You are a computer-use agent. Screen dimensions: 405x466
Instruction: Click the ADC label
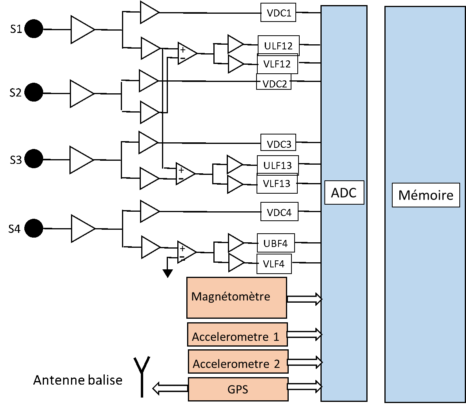pos(344,193)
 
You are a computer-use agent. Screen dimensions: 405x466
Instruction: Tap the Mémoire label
pos(426,195)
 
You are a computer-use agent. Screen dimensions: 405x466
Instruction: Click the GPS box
pos(238,389)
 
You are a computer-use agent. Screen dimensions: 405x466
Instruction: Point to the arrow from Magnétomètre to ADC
pos(305,299)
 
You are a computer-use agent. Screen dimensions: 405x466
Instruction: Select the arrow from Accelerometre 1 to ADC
pos(305,334)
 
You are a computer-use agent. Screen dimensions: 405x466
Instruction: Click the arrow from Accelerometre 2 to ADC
pos(305,362)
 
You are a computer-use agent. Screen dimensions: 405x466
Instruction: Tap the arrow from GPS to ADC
pos(305,387)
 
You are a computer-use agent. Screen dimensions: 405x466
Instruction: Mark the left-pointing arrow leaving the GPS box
pos(170,388)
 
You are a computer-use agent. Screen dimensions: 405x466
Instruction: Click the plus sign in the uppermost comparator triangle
pos(183,50)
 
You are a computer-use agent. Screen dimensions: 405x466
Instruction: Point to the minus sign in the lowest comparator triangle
pos(182,257)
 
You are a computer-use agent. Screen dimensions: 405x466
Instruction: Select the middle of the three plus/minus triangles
pos(184,174)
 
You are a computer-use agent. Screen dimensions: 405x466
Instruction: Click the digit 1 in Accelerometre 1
pos(276,337)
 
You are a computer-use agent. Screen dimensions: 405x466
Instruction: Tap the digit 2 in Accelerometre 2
pos(277,364)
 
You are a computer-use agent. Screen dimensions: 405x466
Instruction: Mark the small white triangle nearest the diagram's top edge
pos(148,13)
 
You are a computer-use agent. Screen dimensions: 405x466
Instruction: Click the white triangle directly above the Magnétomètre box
pos(235,262)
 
